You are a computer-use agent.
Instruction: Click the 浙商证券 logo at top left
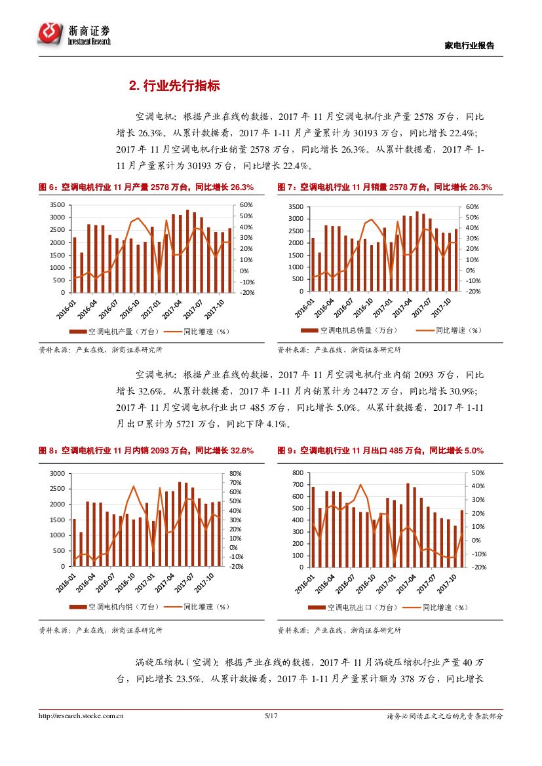pos(74,33)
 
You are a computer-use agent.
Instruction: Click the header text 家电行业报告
pos(469,46)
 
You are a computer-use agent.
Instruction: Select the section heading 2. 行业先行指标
pos(174,86)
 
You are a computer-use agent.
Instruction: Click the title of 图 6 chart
pos(146,187)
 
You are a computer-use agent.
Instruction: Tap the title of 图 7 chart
pos(385,187)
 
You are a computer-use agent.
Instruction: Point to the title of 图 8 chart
pos(146,451)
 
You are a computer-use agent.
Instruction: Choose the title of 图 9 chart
pos(381,451)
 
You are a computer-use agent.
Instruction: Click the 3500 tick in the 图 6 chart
pos(58,205)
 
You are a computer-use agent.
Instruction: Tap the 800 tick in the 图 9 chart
pos(298,473)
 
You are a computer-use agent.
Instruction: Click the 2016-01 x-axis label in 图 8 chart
pos(66,582)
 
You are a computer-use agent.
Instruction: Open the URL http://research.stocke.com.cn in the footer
pos(82,716)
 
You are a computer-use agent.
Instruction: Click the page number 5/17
pos(271,716)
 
